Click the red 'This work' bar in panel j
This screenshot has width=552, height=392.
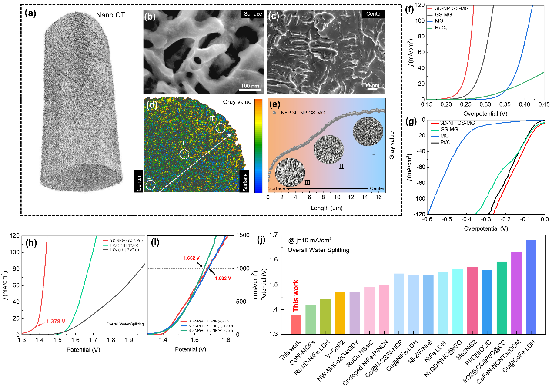tap(296, 324)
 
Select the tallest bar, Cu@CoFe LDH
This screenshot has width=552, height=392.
tap(532, 287)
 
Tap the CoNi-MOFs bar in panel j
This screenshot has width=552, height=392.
tap(311, 319)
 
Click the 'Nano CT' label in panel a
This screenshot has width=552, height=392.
tap(110, 16)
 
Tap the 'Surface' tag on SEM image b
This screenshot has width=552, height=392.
tap(252, 14)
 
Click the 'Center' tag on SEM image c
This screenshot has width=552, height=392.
tap(374, 14)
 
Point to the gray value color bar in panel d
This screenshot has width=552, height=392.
tap(258, 146)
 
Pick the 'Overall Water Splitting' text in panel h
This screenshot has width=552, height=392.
tap(125, 324)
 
